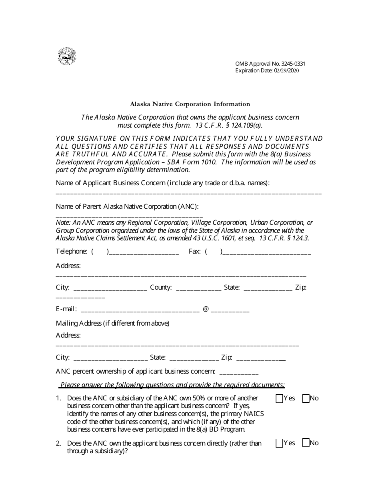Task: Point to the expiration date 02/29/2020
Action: click(286, 71)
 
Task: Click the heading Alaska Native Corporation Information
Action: click(190, 104)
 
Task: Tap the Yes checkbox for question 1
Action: click(279, 398)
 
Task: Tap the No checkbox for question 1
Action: click(306, 398)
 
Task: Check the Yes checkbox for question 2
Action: click(279, 443)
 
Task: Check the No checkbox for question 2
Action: click(306, 443)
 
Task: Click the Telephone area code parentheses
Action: click(100, 252)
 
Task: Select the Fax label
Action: click(194, 252)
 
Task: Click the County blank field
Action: click(198, 288)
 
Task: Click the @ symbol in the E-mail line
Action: click(206, 309)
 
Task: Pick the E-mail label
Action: click(66, 309)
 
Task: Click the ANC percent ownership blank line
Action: click(239, 372)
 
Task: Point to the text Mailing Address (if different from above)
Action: click(113, 323)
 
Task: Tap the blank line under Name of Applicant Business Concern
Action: click(188, 193)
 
